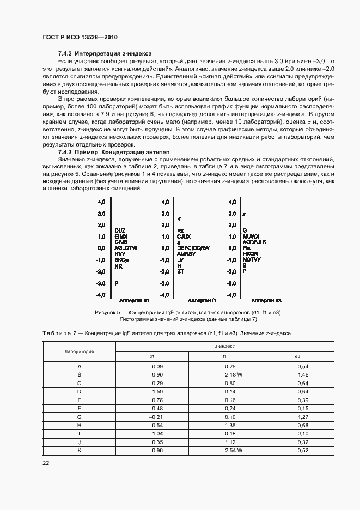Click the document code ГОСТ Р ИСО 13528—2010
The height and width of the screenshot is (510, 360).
pyautogui.click(x=80, y=37)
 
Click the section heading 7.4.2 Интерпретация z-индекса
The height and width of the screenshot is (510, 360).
pyautogui.click(x=105, y=53)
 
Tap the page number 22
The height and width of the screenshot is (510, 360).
pyautogui.click(x=46, y=463)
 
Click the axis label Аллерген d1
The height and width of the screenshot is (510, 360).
pyautogui.click(x=134, y=300)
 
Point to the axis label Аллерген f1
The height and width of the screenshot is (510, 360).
pyautogui.click(x=202, y=300)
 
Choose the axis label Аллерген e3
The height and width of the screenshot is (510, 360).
pyautogui.click(x=265, y=300)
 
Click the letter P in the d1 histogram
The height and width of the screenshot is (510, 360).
pyautogui.click(x=117, y=283)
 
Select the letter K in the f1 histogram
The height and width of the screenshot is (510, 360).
pyautogui.click(x=179, y=219)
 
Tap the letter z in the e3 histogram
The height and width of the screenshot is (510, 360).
pyautogui.click(x=244, y=214)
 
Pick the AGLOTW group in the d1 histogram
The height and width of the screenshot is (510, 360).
pyautogui.click(x=126, y=248)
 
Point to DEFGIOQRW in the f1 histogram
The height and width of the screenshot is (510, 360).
pyautogui.click(x=193, y=248)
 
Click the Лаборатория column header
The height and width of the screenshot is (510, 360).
pyautogui.click(x=80, y=351)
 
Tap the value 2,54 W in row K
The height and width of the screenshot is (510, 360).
pyautogui.click(x=233, y=451)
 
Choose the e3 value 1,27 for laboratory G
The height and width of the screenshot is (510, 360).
pyautogui.click(x=303, y=417)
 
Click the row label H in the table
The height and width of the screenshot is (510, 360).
pyautogui.click(x=80, y=426)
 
